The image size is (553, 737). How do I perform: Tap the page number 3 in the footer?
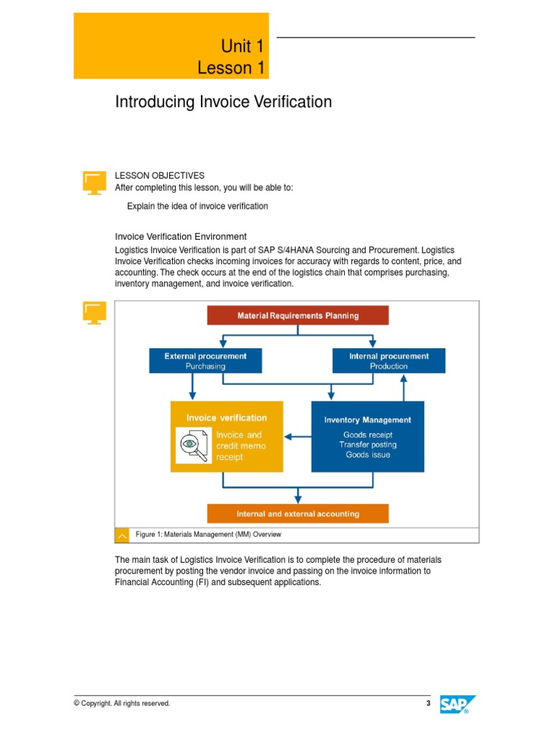coord(428,704)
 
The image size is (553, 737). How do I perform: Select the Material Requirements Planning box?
coord(297,315)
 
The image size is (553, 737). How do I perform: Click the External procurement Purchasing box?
coord(205,361)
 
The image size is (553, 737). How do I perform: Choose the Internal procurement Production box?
coord(388,361)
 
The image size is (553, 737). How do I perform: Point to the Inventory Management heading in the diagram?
coord(367,420)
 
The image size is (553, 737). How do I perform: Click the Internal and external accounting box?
coord(297,514)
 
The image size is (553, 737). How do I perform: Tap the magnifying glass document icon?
coord(194,445)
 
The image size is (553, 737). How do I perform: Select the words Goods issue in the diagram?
coord(367,455)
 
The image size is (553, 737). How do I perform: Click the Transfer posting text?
coord(367,445)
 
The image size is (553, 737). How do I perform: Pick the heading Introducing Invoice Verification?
coord(223,102)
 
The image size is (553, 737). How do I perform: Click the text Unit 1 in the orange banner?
coord(242,48)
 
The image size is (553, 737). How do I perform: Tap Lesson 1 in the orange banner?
coord(231,68)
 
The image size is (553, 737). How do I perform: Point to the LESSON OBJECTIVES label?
coord(160,176)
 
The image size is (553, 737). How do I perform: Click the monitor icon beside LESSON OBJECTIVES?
coord(94,182)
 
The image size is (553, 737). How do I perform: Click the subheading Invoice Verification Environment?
coord(181,236)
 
